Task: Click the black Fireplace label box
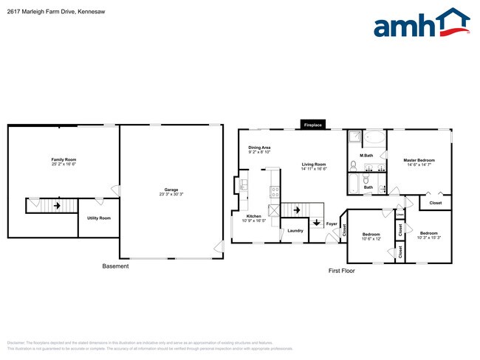coord(312,125)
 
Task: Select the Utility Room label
coord(98,218)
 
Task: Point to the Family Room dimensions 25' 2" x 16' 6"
coord(64,164)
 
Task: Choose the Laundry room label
coord(295,231)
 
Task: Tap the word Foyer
coord(332,224)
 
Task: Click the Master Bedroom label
coord(419,159)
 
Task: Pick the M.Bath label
coord(366,156)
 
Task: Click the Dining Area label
coord(259,148)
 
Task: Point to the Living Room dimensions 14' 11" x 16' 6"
coord(314,169)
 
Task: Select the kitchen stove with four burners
coord(275,191)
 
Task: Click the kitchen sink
coord(243,185)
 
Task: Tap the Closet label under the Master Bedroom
coord(436,203)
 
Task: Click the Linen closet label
coord(400,215)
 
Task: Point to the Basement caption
coord(115,266)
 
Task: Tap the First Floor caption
coord(342,271)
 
